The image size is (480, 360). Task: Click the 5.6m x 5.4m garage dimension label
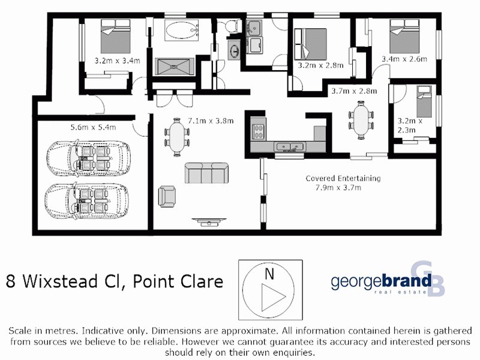pos(93,127)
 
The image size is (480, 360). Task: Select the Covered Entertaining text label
pos(343,178)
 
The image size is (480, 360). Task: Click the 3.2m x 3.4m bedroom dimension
pos(117,60)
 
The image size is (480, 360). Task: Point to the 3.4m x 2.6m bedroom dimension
pos(404,59)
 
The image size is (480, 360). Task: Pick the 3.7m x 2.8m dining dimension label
pos(354,91)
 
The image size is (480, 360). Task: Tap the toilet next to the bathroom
pos(229,26)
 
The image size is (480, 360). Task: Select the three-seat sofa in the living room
pos(206,173)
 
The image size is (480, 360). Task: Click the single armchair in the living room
pos(167,195)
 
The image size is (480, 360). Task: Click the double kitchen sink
pos(290,146)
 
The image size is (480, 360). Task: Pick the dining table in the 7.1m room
pos(177,137)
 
